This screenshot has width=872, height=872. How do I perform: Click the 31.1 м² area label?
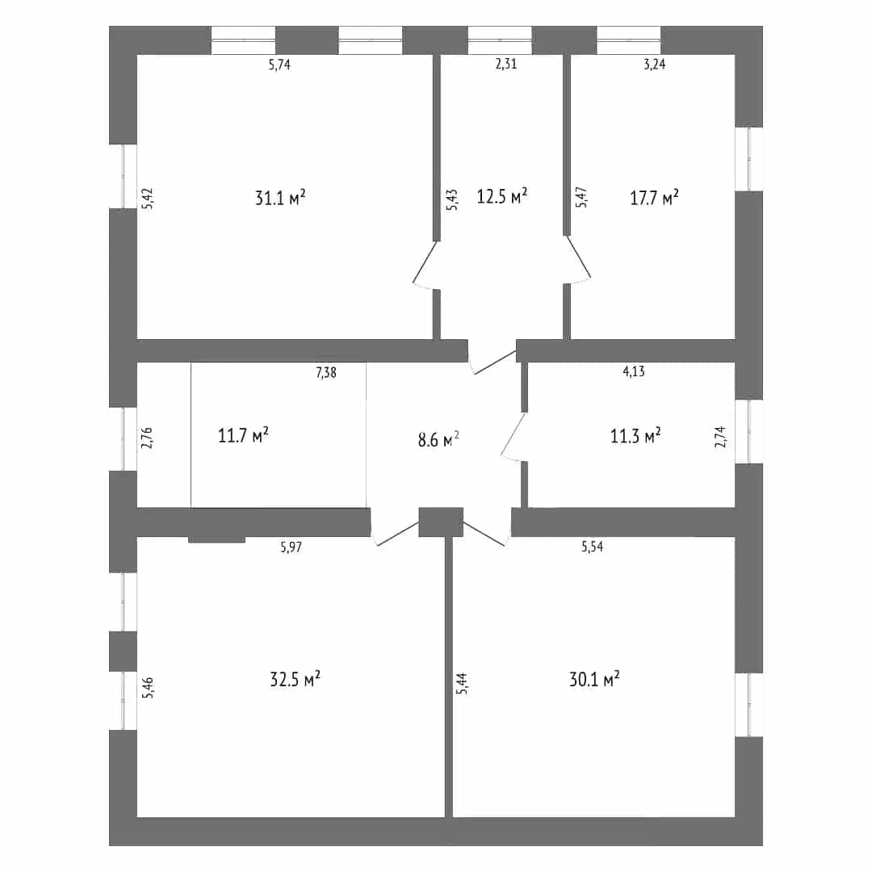280,198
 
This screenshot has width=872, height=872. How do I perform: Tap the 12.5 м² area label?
502,195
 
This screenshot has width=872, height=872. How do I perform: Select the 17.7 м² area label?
654,198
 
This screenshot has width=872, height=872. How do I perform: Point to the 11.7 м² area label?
244,435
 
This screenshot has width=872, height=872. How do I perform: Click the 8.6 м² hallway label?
438,440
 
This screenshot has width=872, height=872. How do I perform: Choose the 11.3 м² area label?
635,435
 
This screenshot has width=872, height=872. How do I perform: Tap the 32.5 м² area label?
296,679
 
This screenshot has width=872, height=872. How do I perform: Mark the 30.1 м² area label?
594,679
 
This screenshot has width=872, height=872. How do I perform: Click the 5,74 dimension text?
279,65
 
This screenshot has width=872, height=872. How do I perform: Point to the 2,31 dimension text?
506,64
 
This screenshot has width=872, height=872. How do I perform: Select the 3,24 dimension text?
655,64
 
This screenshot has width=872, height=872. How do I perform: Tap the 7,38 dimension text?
326,372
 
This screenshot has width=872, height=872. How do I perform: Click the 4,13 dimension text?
634,371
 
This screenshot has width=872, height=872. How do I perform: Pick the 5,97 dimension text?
291,547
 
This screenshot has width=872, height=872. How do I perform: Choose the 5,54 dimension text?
593,546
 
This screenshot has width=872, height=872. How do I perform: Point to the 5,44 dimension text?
462,684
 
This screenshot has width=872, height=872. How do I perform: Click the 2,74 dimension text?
720,437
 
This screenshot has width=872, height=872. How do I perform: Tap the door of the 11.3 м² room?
514,437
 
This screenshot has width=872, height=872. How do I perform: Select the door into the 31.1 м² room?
426,266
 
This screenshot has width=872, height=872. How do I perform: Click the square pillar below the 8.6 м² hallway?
441,522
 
